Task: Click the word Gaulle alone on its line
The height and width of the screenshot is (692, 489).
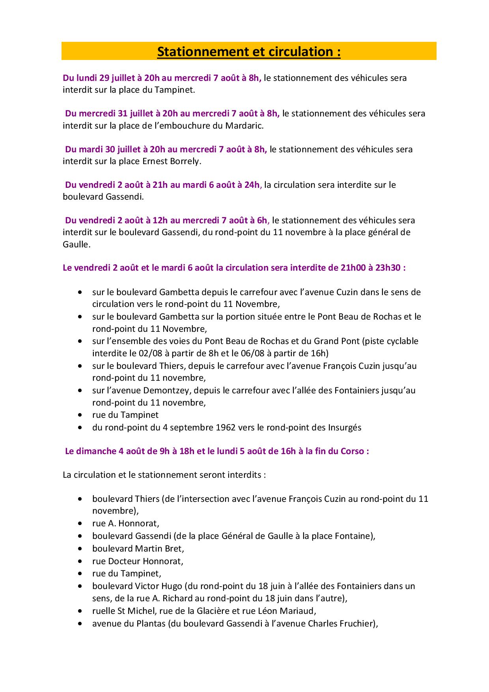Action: tap(76, 244)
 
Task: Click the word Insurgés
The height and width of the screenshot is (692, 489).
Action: tap(344, 427)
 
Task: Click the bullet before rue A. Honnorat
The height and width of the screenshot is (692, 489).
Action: tap(80, 524)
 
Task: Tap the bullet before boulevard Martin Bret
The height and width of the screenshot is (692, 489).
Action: tap(80, 548)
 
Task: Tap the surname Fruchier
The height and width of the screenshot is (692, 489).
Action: tap(359, 624)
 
